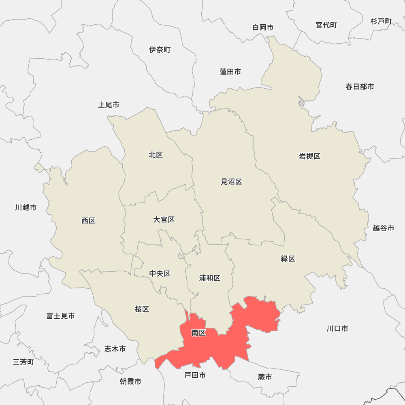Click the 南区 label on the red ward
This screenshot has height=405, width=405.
coord(199,333)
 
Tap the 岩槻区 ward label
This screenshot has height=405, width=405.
coord(310,156)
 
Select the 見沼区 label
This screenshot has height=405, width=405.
coord(231,182)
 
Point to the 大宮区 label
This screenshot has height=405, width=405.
coord(164,220)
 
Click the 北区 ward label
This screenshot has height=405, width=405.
coord(156,155)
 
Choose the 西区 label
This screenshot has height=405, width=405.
coord(88,221)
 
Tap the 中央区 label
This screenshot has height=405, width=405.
coord(160,274)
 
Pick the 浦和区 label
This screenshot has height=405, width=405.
coord(210,278)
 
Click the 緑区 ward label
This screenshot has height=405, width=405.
coord(288,258)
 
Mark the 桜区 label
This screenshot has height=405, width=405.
coord(142,309)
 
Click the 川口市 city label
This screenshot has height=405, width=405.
coord(337,328)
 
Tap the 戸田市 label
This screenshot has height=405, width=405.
coord(195,375)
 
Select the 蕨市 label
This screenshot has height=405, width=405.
coord(265,377)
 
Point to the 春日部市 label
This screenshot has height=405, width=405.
coord(360,86)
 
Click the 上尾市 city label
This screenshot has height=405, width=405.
coord(109,105)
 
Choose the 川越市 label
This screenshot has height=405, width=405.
coord(26,207)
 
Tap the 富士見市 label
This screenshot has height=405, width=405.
coord(61,316)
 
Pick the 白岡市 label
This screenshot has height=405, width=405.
coord(263,27)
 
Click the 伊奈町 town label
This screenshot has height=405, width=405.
coord(160,50)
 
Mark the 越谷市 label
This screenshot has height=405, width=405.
coord(384,228)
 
